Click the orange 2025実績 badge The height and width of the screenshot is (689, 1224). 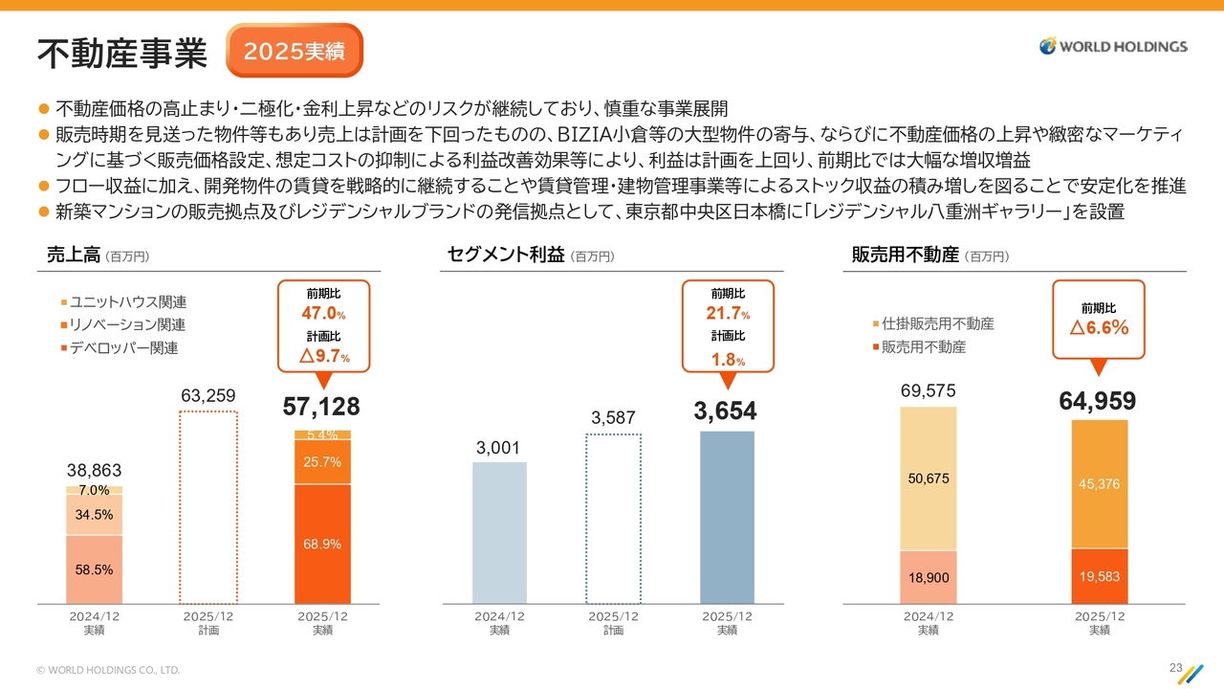295,51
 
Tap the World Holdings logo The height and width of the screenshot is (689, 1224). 1114,46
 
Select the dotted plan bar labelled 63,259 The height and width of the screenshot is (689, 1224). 208,507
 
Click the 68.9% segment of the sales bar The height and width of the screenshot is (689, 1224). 322,544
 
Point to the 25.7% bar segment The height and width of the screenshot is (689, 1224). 322,462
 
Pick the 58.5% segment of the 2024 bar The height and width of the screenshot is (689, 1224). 95,569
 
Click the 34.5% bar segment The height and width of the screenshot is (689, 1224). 95,514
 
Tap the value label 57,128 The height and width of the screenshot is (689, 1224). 321,407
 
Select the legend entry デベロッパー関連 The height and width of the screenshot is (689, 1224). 123,348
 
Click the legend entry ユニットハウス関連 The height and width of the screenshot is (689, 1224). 128,302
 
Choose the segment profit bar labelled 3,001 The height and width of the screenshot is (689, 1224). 499,532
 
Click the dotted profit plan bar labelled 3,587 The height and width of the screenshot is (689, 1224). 613,519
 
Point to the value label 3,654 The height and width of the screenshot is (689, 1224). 725,411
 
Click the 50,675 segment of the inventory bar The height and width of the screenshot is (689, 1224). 928,478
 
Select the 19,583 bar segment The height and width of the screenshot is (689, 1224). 1099,576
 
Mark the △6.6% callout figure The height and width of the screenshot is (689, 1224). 1099,327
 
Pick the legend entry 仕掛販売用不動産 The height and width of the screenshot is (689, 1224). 937,324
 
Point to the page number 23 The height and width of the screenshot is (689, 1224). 1175,667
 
